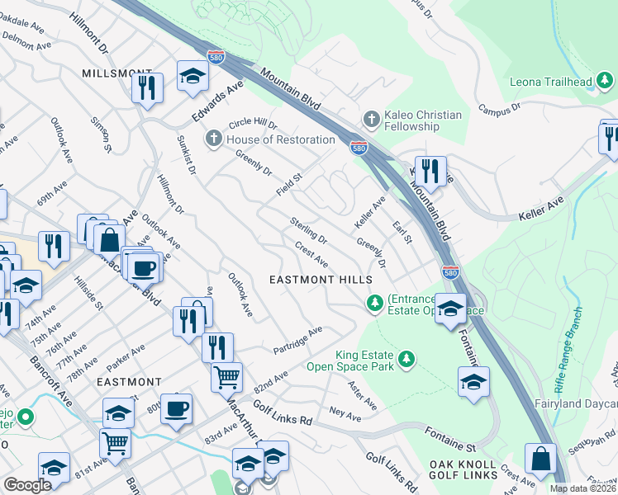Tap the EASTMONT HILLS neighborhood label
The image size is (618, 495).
(321, 280)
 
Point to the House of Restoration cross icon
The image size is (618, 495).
(214, 138)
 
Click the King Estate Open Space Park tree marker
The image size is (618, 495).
(406, 359)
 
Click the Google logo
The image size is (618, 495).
(27, 485)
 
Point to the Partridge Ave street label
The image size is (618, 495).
(297, 341)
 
